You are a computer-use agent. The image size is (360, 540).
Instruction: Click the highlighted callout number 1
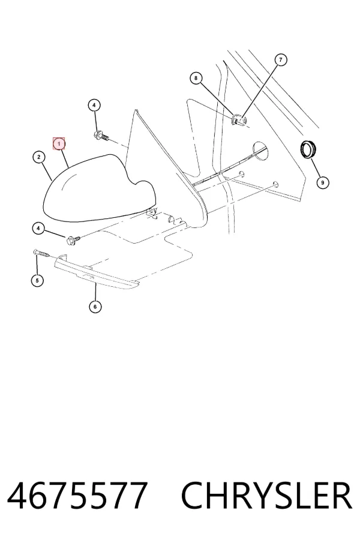point(59,143)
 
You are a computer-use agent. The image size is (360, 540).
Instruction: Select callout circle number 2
point(39,157)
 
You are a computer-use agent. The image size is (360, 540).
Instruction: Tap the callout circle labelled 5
point(37,280)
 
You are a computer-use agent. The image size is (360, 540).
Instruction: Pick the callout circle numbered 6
point(95,307)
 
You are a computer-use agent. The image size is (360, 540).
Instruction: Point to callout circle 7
point(281,60)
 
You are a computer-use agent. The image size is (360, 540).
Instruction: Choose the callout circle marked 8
point(196,78)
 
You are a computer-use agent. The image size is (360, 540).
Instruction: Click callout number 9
point(322,182)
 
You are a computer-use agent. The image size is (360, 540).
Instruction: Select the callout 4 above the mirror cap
point(94,105)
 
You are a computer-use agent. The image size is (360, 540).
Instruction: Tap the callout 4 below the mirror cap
point(38,228)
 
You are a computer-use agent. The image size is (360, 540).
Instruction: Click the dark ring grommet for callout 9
point(307,149)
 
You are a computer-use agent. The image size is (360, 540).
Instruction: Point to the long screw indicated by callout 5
point(43,253)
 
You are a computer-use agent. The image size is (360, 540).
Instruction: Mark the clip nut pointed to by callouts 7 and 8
point(239,120)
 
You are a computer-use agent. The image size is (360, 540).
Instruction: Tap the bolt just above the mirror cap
point(101,136)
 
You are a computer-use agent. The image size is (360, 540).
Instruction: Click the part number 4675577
point(77,496)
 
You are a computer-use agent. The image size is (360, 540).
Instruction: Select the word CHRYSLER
point(266,496)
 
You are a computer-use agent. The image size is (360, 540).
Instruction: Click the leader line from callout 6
point(95,291)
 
